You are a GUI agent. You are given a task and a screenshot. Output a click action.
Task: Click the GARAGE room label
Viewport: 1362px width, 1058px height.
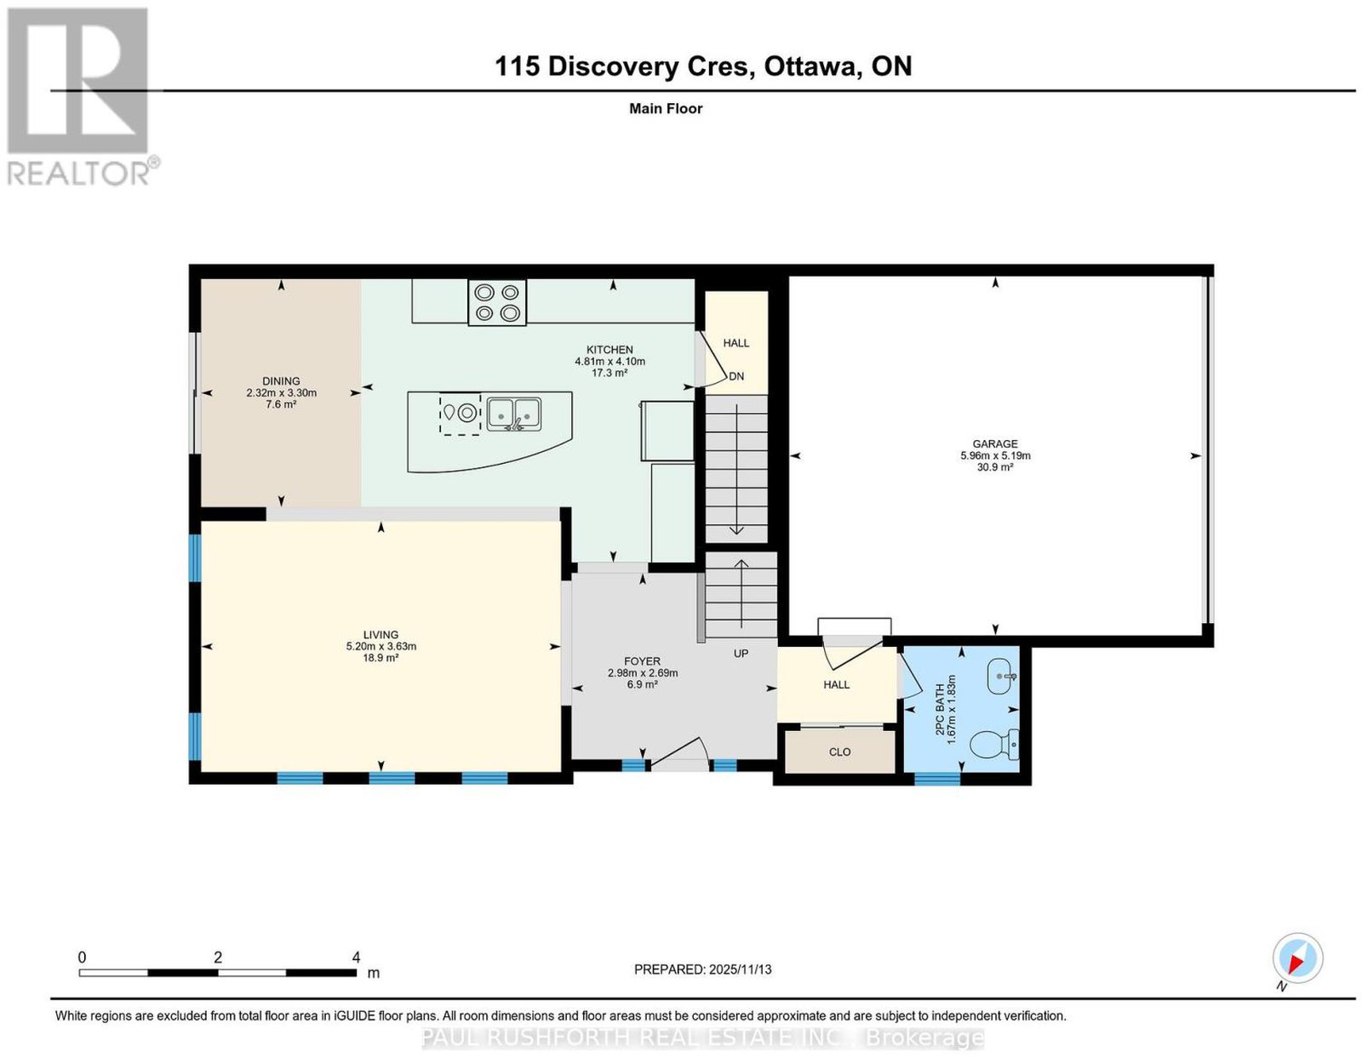pos(995,443)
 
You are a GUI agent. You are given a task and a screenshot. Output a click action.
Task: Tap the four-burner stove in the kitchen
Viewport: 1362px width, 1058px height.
pos(497,302)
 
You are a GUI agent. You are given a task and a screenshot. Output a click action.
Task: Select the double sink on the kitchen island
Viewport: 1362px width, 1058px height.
pos(514,414)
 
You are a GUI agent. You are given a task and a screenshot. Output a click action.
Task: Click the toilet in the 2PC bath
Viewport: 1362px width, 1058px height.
pos(994,745)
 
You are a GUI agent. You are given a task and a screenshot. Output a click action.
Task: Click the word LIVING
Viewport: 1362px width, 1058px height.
pos(381,635)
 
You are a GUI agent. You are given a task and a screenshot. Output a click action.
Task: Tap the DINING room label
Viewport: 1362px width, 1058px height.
pos(281,380)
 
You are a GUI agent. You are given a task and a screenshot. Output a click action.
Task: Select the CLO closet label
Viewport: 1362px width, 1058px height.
pos(839,752)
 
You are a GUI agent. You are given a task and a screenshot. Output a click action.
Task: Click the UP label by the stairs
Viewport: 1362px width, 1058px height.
pos(741,654)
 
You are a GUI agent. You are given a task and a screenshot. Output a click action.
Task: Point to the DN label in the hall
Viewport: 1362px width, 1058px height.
pos(736,376)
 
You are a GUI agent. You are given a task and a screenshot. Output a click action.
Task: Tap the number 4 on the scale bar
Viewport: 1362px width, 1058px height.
pos(356,958)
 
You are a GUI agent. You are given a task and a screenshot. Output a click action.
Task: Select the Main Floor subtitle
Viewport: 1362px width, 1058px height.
pos(666,108)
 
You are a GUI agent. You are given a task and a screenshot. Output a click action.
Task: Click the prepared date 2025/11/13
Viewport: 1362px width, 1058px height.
pos(741,969)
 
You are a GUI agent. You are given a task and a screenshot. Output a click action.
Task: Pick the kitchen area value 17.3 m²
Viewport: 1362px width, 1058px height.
pos(609,373)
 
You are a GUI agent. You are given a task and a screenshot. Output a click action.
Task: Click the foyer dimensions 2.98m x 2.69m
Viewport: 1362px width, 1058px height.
pos(643,672)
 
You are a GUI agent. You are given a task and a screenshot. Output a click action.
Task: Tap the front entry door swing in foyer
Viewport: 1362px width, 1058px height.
pos(680,752)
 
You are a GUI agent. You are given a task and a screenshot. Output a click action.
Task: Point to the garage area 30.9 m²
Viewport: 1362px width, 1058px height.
pos(995,466)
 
